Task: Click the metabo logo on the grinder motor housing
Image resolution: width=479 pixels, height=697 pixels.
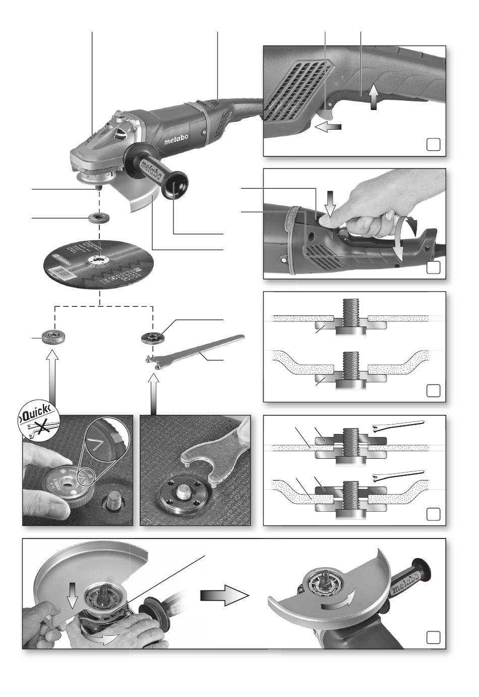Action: (x=175, y=141)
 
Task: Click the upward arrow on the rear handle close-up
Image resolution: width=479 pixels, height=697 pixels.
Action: (x=373, y=97)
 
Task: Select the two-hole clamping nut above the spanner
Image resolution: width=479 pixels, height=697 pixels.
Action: (x=151, y=337)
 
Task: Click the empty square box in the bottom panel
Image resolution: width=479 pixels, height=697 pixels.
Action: (x=433, y=637)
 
